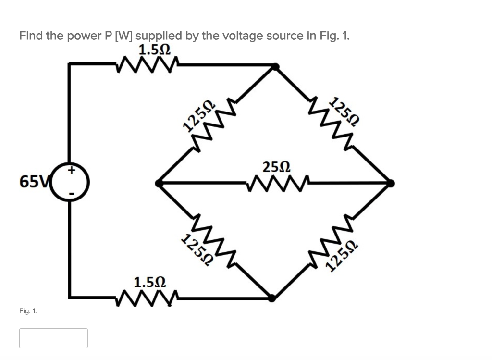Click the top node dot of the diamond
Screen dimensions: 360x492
click(x=274, y=67)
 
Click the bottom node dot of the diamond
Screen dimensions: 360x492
click(x=272, y=298)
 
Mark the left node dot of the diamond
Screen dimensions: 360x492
click(x=159, y=183)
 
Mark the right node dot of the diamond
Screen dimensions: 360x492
click(x=391, y=183)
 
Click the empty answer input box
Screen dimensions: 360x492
click(x=53, y=338)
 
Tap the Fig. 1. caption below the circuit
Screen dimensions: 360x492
click(x=28, y=311)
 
